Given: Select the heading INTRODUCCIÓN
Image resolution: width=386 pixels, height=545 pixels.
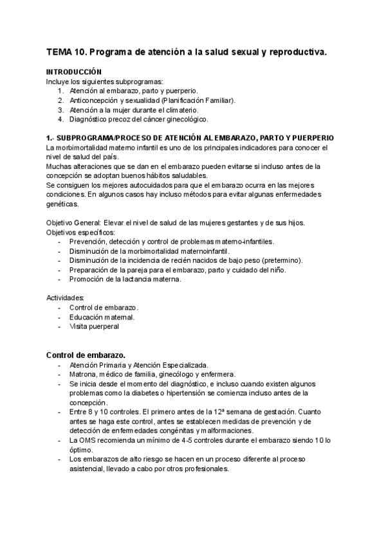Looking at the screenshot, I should tap(74, 73).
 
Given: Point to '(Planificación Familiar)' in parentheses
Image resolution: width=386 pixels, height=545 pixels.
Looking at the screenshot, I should tap(199, 100).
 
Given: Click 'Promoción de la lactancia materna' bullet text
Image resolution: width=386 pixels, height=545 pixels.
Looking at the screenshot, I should tap(126, 279).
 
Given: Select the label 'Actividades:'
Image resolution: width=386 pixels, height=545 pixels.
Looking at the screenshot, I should tap(65, 298).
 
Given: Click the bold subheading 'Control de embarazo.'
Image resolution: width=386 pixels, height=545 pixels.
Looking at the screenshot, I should tap(86, 355).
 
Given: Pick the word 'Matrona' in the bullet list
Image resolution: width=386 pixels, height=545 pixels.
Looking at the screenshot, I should tap(84, 374).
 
